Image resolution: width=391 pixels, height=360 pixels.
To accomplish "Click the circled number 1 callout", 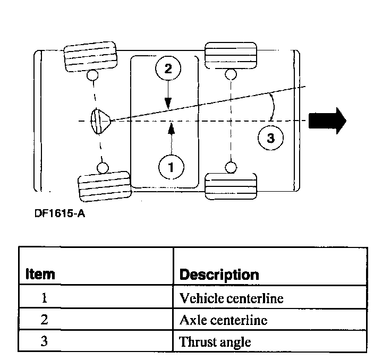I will pos(171,167).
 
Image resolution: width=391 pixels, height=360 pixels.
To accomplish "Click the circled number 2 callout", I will pos(168,69).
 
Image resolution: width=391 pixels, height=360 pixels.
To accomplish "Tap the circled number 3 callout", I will pos(270,139).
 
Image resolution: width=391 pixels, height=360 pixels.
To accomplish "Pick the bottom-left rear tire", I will pos(104,185).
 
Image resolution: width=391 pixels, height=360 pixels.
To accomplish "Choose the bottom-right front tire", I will pos(231,185).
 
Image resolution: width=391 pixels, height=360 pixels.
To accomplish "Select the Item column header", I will pos(40,275).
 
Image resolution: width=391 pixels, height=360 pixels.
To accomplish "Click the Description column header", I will pos(219,275).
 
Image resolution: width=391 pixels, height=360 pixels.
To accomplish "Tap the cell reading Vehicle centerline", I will pos(232,298).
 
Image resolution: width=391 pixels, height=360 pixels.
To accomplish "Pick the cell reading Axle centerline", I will pos(223,320).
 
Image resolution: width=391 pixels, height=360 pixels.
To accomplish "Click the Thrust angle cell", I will pos(215,341).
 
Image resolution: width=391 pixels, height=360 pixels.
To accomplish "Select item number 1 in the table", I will pos(45,298).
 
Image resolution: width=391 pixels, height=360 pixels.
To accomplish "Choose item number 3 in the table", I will pos(45,341).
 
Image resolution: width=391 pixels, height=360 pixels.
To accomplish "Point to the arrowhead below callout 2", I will pos(168,105).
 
